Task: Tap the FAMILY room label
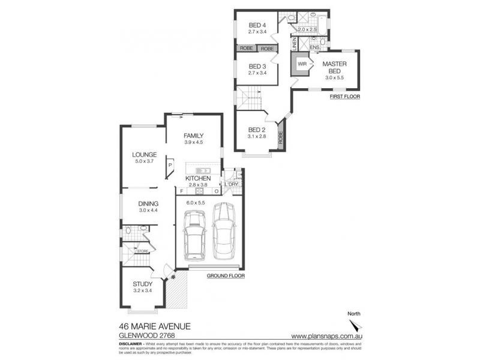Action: click(x=194, y=136)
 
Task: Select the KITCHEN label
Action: click(x=197, y=179)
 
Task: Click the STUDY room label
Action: click(x=143, y=284)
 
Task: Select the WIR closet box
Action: click(x=302, y=62)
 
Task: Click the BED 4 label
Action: click(x=257, y=25)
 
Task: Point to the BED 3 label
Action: click(x=257, y=66)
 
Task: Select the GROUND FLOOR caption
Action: click(x=226, y=276)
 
